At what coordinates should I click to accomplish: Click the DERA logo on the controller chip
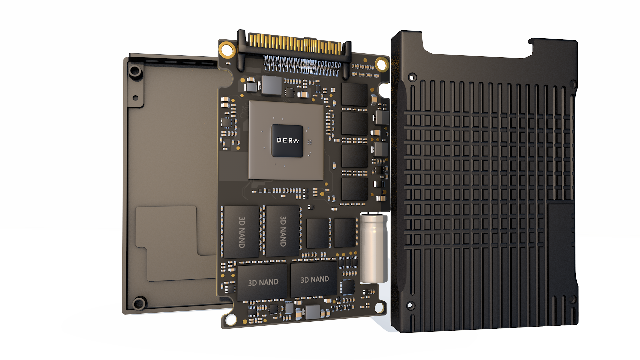288,140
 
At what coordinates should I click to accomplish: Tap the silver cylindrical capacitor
374,248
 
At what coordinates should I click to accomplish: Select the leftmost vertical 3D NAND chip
242,232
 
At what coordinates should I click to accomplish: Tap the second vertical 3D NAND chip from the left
283,231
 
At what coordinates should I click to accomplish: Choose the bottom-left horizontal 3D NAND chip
262,282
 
